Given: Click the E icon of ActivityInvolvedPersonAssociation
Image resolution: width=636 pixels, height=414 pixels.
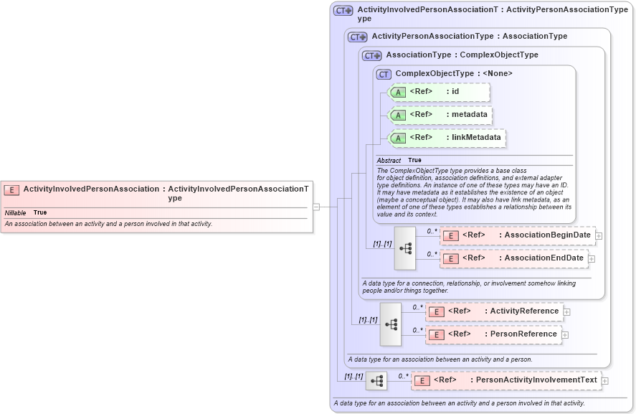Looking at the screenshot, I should click(11, 189).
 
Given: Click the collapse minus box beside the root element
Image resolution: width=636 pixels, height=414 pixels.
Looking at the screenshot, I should click(315, 207).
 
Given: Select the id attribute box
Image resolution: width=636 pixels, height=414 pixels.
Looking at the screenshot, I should click(439, 92).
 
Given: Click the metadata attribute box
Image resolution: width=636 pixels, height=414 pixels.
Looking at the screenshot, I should click(439, 115).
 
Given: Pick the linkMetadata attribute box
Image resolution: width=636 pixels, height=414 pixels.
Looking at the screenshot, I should click(446, 138).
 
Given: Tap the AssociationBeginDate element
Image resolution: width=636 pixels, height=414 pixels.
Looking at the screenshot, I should click(516, 235).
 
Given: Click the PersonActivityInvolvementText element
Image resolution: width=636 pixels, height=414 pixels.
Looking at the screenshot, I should click(506, 380).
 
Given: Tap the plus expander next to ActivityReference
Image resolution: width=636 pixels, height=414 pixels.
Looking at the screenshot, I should click(566, 311).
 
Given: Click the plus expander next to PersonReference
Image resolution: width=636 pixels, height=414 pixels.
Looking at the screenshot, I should click(565, 334).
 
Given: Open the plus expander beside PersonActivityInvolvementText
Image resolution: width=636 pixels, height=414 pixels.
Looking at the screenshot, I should click(604, 381).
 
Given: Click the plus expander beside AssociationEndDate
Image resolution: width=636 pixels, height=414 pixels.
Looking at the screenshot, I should click(592, 258).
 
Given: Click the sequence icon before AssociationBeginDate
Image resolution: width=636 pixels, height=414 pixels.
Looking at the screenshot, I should click(405, 248).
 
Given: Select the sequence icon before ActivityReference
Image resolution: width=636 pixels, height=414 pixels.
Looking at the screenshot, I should click(391, 324).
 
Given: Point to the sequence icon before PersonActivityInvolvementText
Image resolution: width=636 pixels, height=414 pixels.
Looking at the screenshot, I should click(376, 381).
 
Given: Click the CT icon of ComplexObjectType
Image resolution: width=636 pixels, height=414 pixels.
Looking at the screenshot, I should click(384, 74).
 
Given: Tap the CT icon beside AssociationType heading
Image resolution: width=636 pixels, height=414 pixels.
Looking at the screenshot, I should click(371, 55).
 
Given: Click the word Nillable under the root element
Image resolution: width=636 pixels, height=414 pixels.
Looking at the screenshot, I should click(16, 213).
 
